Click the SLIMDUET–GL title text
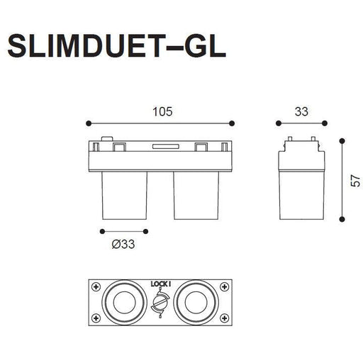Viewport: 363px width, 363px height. click(117, 46)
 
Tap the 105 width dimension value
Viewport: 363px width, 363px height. click(162, 112)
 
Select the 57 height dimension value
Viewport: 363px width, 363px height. click(355, 181)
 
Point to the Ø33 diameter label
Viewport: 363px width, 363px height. click(123, 244)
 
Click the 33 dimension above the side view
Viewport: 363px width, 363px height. click(301, 112)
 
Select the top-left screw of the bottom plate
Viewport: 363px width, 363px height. click(96, 287)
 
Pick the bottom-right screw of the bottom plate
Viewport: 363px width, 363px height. click(224, 318)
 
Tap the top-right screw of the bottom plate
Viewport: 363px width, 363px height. click(224, 287)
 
